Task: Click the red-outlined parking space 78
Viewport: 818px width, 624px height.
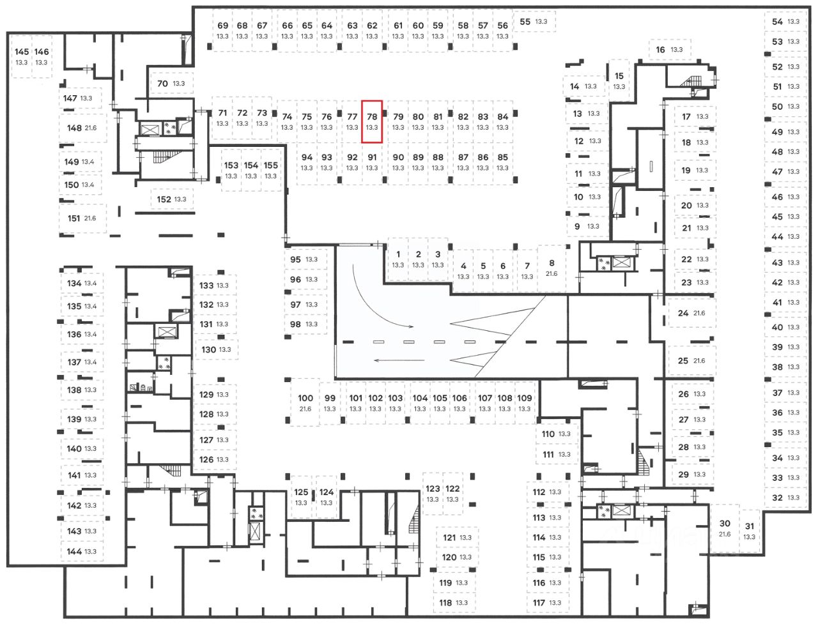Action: coord(371,121)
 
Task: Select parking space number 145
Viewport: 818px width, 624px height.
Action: coord(22,57)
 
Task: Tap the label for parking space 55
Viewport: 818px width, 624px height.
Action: coord(534,22)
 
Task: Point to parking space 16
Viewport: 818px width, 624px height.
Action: coord(670,50)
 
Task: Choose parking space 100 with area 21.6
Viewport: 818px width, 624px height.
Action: coord(305,402)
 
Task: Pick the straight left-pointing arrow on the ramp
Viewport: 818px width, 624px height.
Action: coord(399,360)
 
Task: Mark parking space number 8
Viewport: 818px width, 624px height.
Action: coord(552,268)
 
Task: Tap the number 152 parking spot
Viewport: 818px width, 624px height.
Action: coord(171,199)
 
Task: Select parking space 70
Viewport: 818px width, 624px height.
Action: coord(171,84)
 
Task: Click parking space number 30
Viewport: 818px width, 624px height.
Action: coord(725,528)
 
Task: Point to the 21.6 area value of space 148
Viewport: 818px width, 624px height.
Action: coord(91,128)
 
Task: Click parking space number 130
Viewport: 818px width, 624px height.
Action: coord(217,349)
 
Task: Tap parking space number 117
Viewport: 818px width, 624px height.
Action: coord(548,602)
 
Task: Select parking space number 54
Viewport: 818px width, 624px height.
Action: coord(785,22)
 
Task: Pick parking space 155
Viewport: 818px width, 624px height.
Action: coord(270,170)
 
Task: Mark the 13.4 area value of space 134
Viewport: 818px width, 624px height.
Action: coord(91,284)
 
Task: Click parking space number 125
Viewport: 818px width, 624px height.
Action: coord(301,497)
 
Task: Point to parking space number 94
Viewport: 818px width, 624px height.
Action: coord(307,162)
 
